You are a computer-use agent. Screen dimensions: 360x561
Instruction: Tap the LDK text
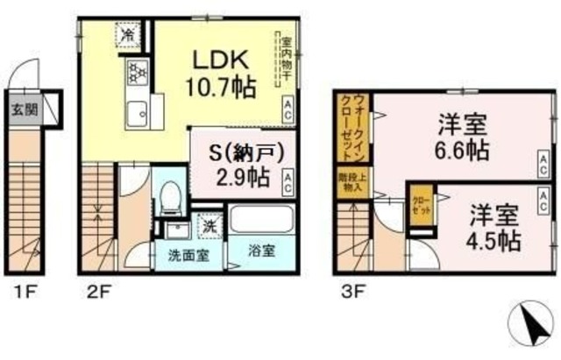click(223, 60)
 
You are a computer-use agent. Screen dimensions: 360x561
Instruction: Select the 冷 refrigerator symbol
click(127, 37)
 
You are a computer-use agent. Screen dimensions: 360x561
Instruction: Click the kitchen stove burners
click(137, 73)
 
